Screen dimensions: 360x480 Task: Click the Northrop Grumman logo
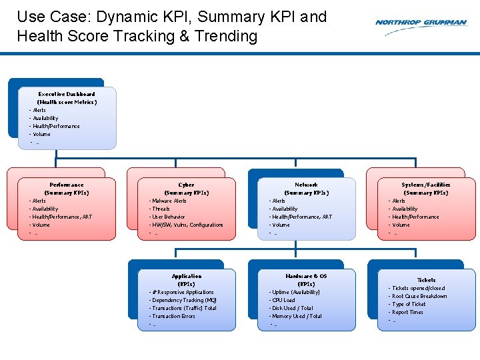[421, 23]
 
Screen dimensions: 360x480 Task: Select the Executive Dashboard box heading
[67, 98]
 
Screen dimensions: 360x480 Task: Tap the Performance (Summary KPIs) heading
[67, 189]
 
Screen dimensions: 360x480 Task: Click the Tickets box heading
[426, 280]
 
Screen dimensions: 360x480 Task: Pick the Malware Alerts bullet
[169, 201]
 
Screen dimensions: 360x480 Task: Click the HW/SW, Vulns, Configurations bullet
[187, 225]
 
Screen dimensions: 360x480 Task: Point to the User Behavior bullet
[169, 217]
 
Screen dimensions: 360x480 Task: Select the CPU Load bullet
[283, 300]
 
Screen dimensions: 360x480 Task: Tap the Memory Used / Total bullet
[297, 316]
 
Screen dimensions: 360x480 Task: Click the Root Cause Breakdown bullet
[419, 296]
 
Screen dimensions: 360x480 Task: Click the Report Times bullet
[407, 312]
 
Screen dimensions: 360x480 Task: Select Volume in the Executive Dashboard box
[41, 134]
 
